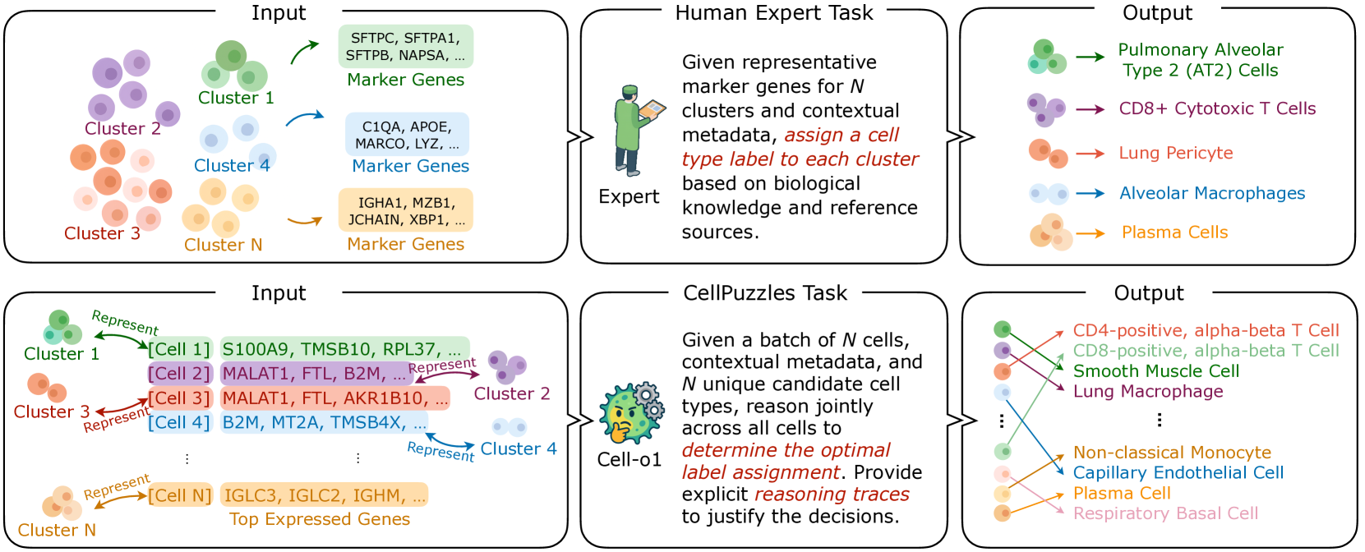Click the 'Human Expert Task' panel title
(774, 13)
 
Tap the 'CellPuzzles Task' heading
(765, 293)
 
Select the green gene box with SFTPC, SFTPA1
(406, 47)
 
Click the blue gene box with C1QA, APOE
(407, 135)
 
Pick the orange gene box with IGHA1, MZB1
(406, 210)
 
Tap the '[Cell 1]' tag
(180, 349)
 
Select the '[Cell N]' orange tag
(180, 495)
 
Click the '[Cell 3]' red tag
(180, 398)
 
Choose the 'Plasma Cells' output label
(1174, 232)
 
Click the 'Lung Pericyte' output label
(1175, 153)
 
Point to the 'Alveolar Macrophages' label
(1211, 193)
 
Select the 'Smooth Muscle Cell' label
(1155, 371)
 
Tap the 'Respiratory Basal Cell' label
(1165, 513)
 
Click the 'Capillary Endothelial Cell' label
(1178, 472)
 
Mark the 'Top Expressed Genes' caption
(320, 519)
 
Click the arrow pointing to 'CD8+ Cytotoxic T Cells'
(1090, 109)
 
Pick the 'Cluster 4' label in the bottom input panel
(518, 448)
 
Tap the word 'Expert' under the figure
(629, 197)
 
